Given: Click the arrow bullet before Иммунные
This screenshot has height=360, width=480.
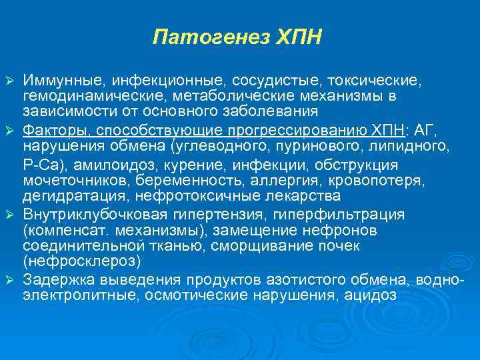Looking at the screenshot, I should (x=9, y=81).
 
